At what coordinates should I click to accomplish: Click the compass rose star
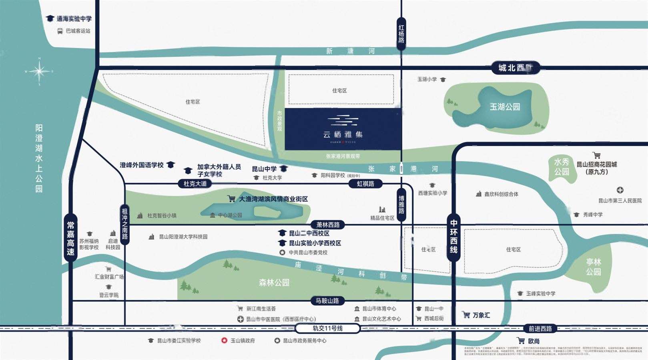(x=39, y=72)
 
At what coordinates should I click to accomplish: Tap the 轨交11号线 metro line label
(x=327, y=328)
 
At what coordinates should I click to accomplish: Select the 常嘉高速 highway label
(x=70, y=238)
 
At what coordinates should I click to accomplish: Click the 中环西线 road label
(x=453, y=236)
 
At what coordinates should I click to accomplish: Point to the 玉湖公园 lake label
(x=505, y=107)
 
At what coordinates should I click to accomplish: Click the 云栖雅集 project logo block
(x=343, y=129)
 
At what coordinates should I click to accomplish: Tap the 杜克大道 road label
(x=195, y=184)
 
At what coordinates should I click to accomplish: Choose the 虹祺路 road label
(x=365, y=184)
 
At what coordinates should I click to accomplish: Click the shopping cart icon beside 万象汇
(x=466, y=315)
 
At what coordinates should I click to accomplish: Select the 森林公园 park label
(x=274, y=282)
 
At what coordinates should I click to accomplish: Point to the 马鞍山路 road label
(x=327, y=300)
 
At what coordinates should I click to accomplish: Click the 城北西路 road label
(x=516, y=68)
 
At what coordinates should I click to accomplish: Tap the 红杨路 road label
(x=401, y=34)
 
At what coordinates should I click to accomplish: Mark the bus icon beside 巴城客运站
(x=60, y=31)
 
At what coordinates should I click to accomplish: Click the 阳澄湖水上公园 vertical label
(x=39, y=158)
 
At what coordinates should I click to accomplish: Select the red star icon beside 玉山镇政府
(x=224, y=340)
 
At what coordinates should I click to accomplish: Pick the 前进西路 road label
(x=540, y=328)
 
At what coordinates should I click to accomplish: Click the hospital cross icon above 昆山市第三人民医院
(x=620, y=190)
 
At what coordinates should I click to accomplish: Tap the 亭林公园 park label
(x=593, y=267)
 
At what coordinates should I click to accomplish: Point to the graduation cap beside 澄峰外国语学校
(x=171, y=165)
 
